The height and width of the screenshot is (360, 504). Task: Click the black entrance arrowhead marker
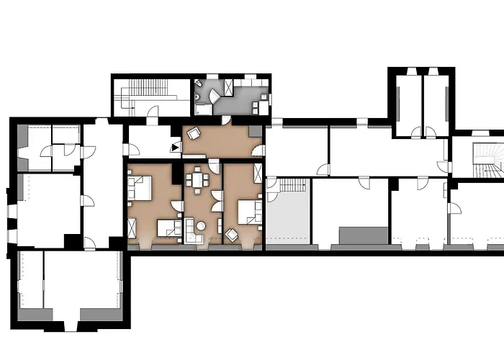(176, 146)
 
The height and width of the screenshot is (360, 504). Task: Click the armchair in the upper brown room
(194, 133)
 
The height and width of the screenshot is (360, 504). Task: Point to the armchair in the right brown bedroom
(232, 234)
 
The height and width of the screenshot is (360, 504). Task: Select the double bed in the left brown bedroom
(140, 189)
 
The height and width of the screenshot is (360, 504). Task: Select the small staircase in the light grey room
(293, 185)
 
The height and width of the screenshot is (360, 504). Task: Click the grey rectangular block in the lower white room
(364, 235)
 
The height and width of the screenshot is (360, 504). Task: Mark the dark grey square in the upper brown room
(256, 131)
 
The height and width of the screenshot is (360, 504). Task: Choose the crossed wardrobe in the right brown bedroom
(258, 175)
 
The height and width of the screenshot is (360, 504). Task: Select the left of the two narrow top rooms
(408, 104)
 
